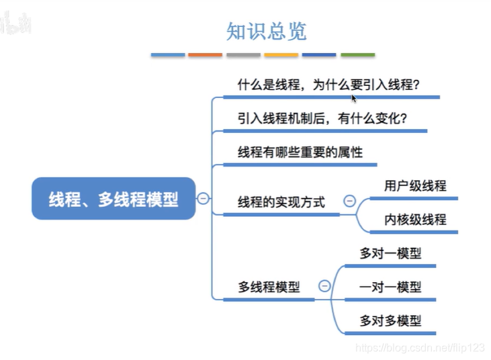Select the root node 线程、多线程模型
point(114,199)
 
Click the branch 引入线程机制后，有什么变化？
point(322,119)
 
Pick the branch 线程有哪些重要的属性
point(300,152)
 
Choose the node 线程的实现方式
point(281,201)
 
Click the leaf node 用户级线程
point(415,186)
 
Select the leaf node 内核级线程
point(415,220)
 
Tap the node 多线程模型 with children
point(269,287)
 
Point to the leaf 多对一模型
point(390,253)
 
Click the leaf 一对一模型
point(390,287)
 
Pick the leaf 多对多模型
point(390,320)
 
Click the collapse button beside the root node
point(203,199)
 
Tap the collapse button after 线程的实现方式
point(349,200)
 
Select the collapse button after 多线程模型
point(324,286)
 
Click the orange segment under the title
point(205,54)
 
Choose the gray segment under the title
point(243,54)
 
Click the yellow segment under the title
point(281,54)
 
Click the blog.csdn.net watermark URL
point(419,348)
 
